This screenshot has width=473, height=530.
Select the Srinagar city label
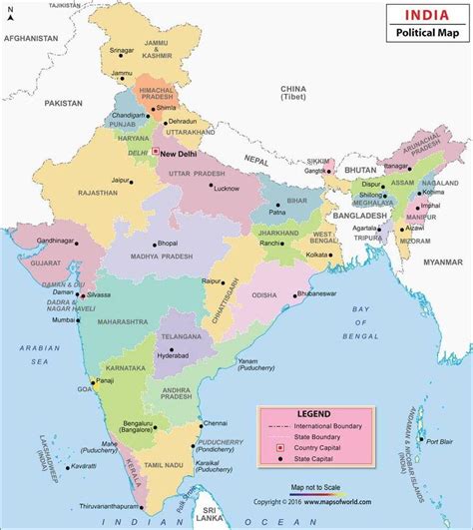click(122, 51)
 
